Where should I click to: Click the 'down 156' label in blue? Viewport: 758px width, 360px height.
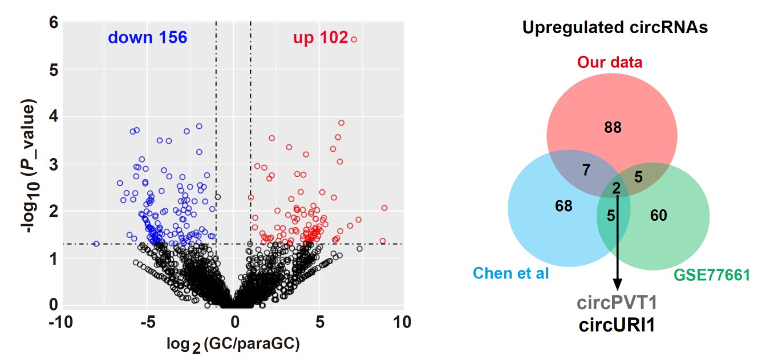click(148, 38)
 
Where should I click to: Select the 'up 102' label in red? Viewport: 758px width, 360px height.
click(320, 38)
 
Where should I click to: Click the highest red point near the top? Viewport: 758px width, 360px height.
click(354, 39)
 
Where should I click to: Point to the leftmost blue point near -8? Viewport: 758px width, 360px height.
click(96, 244)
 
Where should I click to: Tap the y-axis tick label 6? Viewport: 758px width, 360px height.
click(53, 22)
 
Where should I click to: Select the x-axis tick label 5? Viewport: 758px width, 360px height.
click(319, 322)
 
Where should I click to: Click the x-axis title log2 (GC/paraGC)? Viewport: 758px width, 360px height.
click(233, 345)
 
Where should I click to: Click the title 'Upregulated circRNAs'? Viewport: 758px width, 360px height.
click(615, 27)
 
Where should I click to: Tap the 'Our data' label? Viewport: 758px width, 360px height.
click(610, 62)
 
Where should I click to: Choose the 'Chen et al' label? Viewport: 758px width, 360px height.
click(511, 274)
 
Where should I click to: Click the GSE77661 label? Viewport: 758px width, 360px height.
click(711, 276)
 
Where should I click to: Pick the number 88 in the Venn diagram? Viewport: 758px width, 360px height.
click(613, 127)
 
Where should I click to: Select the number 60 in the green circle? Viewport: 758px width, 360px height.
click(658, 215)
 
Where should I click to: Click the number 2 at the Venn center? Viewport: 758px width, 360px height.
click(616, 189)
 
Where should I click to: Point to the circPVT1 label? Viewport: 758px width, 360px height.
click(617, 302)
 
